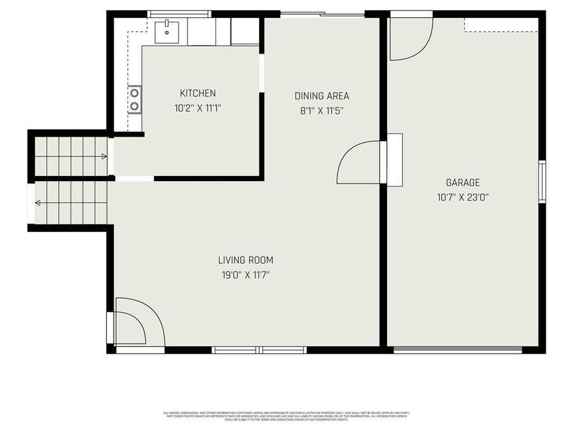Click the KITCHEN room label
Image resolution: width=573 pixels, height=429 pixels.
coord(197,93)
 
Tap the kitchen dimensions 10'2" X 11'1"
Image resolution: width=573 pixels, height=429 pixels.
coord(197,108)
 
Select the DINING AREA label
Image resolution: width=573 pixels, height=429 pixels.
coord(322,96)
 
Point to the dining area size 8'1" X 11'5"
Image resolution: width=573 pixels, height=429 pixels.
coord(322,111)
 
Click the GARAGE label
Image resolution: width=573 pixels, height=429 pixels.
coord(462,182)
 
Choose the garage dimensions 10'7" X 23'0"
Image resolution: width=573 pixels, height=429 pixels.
coord(462,197)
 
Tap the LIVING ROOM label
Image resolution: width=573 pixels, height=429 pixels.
coord(246,260)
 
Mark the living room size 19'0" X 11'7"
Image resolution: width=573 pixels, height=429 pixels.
coord(246,275)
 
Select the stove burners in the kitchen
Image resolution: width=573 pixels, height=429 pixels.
coord(134,99)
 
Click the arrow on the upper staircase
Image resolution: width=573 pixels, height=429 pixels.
coord(104,155)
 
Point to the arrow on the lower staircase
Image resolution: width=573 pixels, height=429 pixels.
coord(38,203)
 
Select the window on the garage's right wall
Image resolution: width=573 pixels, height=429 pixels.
coord(542,182)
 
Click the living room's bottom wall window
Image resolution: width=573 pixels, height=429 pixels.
coord(259,350)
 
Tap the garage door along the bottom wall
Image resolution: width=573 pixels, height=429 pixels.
coord(458,350)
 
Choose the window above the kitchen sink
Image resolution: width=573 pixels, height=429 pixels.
coord(179,13)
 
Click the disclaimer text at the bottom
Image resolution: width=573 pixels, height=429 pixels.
coord(286,416)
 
